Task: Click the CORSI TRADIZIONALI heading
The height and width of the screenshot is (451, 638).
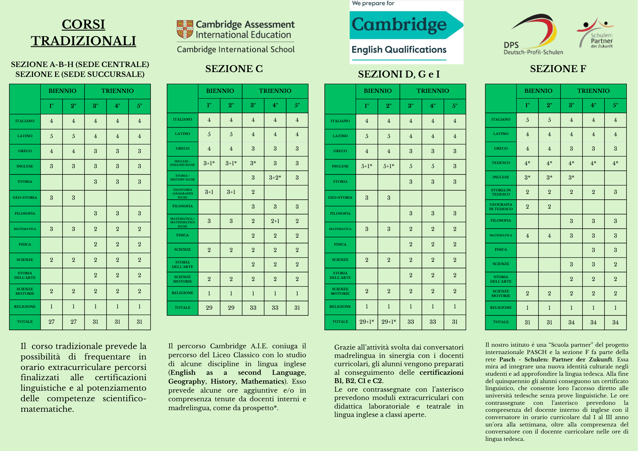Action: (x=83, y=33)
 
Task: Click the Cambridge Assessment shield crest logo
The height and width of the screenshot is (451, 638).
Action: (x=185, y=29)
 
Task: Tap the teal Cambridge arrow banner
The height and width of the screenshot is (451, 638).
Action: (x=405, y=25)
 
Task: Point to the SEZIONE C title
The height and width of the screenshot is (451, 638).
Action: (x=234, y=69)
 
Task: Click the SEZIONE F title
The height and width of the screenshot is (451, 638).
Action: (x=558, y=69)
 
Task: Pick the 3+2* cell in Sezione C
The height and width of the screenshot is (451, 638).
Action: (x=275, y=178)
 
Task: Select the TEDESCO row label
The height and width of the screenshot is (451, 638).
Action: (x=501, y=163)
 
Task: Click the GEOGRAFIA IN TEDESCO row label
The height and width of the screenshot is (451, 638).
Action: (x=501, y=207)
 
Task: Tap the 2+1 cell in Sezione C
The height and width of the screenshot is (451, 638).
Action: (x=275, y=221)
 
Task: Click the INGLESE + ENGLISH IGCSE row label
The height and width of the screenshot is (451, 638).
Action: (x=182, y=163)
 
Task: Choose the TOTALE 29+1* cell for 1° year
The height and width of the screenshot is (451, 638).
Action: (x=367, y=322)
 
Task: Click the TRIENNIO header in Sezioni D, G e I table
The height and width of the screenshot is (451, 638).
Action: (x=433, y=91)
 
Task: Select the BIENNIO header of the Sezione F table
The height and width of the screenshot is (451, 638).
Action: (x=538, y=91)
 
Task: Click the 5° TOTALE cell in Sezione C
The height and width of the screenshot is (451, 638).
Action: (x=297, y=308)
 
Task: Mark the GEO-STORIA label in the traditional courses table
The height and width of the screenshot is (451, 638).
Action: (x=25, y=197)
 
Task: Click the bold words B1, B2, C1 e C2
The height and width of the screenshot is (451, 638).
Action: (x=359, y=381)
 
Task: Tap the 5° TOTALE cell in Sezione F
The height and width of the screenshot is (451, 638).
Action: (x=615, y=322)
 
